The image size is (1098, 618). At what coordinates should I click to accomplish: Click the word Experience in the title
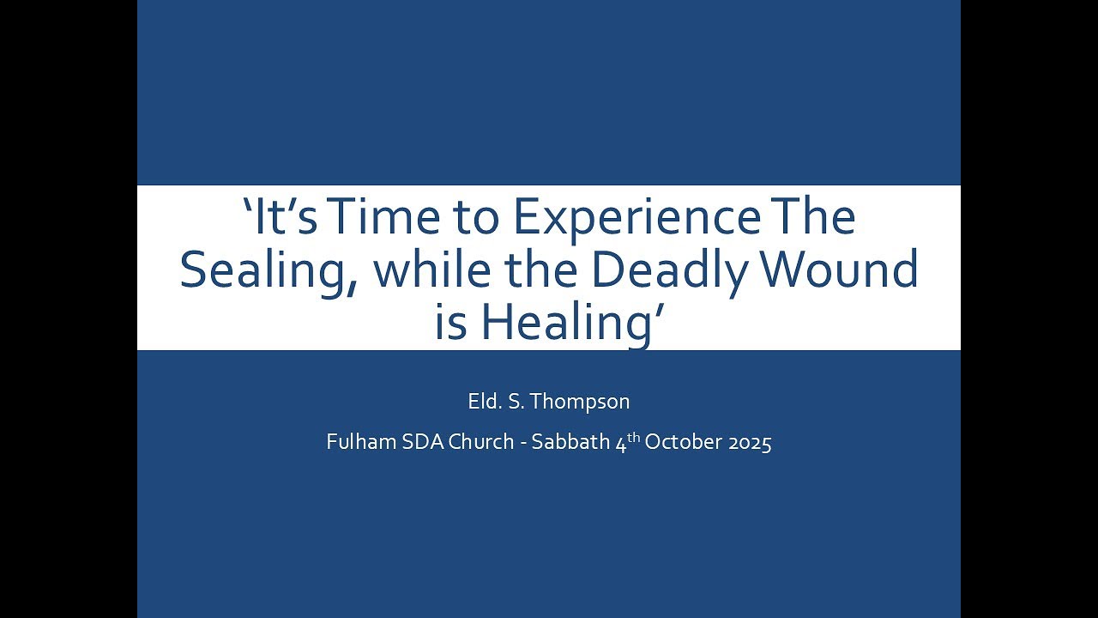[x=636, y=218]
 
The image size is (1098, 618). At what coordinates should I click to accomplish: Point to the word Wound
[x=842, y=270]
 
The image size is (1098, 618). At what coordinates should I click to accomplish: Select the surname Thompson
[x=582, y=402]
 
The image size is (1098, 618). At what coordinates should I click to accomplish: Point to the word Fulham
[x=356, y=443]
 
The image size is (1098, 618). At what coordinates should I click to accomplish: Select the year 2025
[x=748, y=443]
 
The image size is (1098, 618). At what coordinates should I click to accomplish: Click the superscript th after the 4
[x=633, y=438]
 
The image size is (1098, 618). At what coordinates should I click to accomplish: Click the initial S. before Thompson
[x=516, y=402]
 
